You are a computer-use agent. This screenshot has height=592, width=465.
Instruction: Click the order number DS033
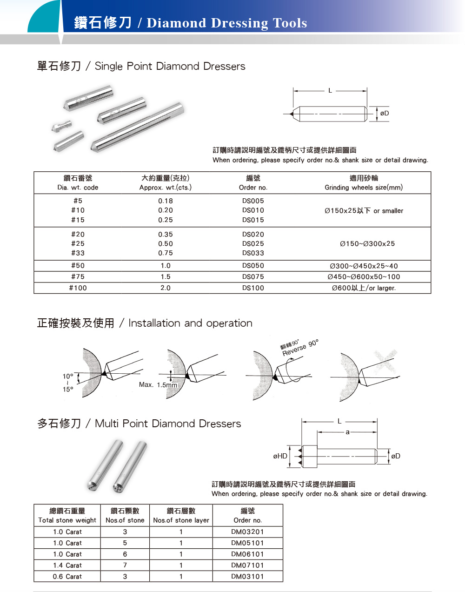pos(253,253)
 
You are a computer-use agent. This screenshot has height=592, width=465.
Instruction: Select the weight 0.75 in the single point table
pos(166,253)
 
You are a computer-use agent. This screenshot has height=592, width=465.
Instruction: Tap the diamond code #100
pos(78,288)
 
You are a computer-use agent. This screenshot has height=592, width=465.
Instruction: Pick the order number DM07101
pos(247,565)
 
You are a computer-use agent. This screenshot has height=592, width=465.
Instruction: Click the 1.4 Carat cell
pos(67,565)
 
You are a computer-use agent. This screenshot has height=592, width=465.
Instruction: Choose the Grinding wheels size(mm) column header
pos(364,188)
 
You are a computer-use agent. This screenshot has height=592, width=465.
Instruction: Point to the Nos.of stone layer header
pos(181,520)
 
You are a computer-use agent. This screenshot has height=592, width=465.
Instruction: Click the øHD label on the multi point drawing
pos(280,456)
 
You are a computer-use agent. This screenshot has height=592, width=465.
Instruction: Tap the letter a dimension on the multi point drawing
pos(347,432)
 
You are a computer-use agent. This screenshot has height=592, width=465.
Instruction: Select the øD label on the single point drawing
pos(385,113)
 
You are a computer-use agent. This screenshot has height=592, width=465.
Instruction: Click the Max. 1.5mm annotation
pos(158,385)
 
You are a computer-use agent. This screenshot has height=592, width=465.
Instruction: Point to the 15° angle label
pos(68,390)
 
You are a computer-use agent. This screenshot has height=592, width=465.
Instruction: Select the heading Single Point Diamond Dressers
pos(170,66)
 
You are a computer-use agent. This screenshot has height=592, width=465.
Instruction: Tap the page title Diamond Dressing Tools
pos(226,23)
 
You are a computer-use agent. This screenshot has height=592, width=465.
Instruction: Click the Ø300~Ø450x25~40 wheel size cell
pos(364,266)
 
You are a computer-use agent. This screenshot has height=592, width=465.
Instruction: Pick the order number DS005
pos(253,201)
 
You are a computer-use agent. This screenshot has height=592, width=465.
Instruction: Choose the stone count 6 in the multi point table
pos(125,554)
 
